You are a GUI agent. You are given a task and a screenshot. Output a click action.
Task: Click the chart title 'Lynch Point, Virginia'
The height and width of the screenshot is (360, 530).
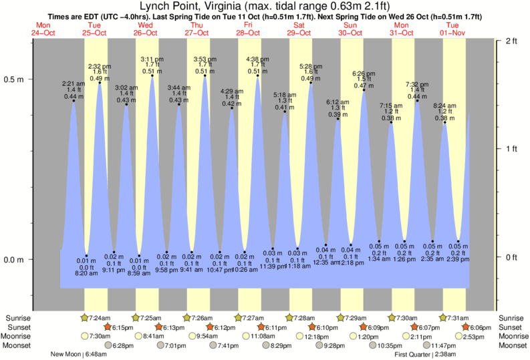[194, 7]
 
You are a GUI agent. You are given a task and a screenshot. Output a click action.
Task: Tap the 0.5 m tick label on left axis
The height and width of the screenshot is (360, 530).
[14, 79]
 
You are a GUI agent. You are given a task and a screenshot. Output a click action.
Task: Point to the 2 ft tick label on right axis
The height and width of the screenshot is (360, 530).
[512, 41]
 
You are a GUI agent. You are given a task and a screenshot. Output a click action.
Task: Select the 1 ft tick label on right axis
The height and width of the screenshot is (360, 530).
[512, 149]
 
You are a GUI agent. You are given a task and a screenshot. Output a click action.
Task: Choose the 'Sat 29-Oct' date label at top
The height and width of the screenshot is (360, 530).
[298, 29]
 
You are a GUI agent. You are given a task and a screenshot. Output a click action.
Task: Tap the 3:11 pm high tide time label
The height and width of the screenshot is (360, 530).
[152, 59]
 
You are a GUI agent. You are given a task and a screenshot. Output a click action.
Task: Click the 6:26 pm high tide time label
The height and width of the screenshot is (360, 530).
[364, 73]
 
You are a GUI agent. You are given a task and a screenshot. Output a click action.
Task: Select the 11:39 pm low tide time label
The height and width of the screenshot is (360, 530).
[272, 266]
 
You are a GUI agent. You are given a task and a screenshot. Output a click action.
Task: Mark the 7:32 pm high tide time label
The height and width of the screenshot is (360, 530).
[417, 85]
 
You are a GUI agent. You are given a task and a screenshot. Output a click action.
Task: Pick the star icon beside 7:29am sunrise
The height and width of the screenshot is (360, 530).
[340, 317]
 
